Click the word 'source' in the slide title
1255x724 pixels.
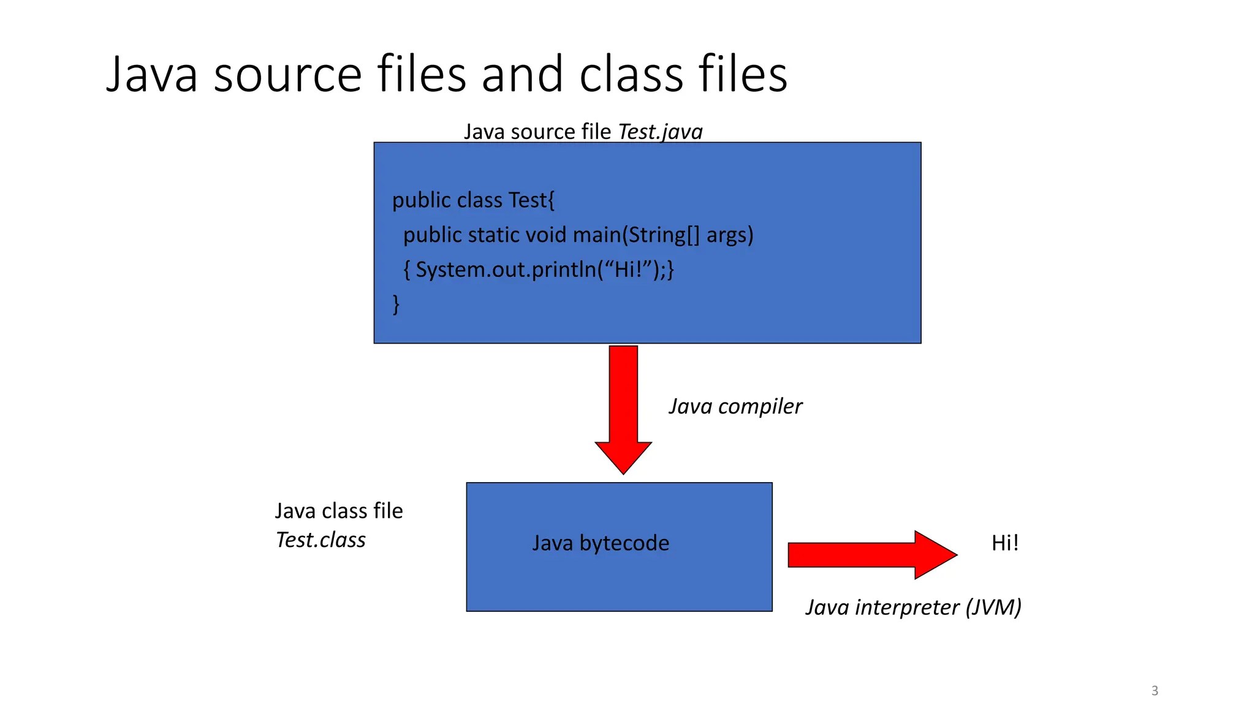pos(288,75)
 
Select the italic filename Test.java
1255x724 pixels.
pos(660,132)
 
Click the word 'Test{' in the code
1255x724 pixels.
pos(531,200)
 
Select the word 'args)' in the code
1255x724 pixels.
pos(730,235)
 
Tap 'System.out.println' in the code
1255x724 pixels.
pos(506,270)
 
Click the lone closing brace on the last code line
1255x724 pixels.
pos(396,304)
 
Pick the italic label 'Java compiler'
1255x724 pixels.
pos(735,406)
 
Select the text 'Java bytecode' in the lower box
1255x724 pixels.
pos(601,543)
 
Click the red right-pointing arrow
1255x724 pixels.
pos(870,555)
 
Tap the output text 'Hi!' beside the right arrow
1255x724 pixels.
pos(1005,543)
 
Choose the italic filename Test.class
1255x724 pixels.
pos(320,540)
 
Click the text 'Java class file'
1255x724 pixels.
pos(339,511)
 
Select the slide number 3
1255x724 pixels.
pos(1155,690)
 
